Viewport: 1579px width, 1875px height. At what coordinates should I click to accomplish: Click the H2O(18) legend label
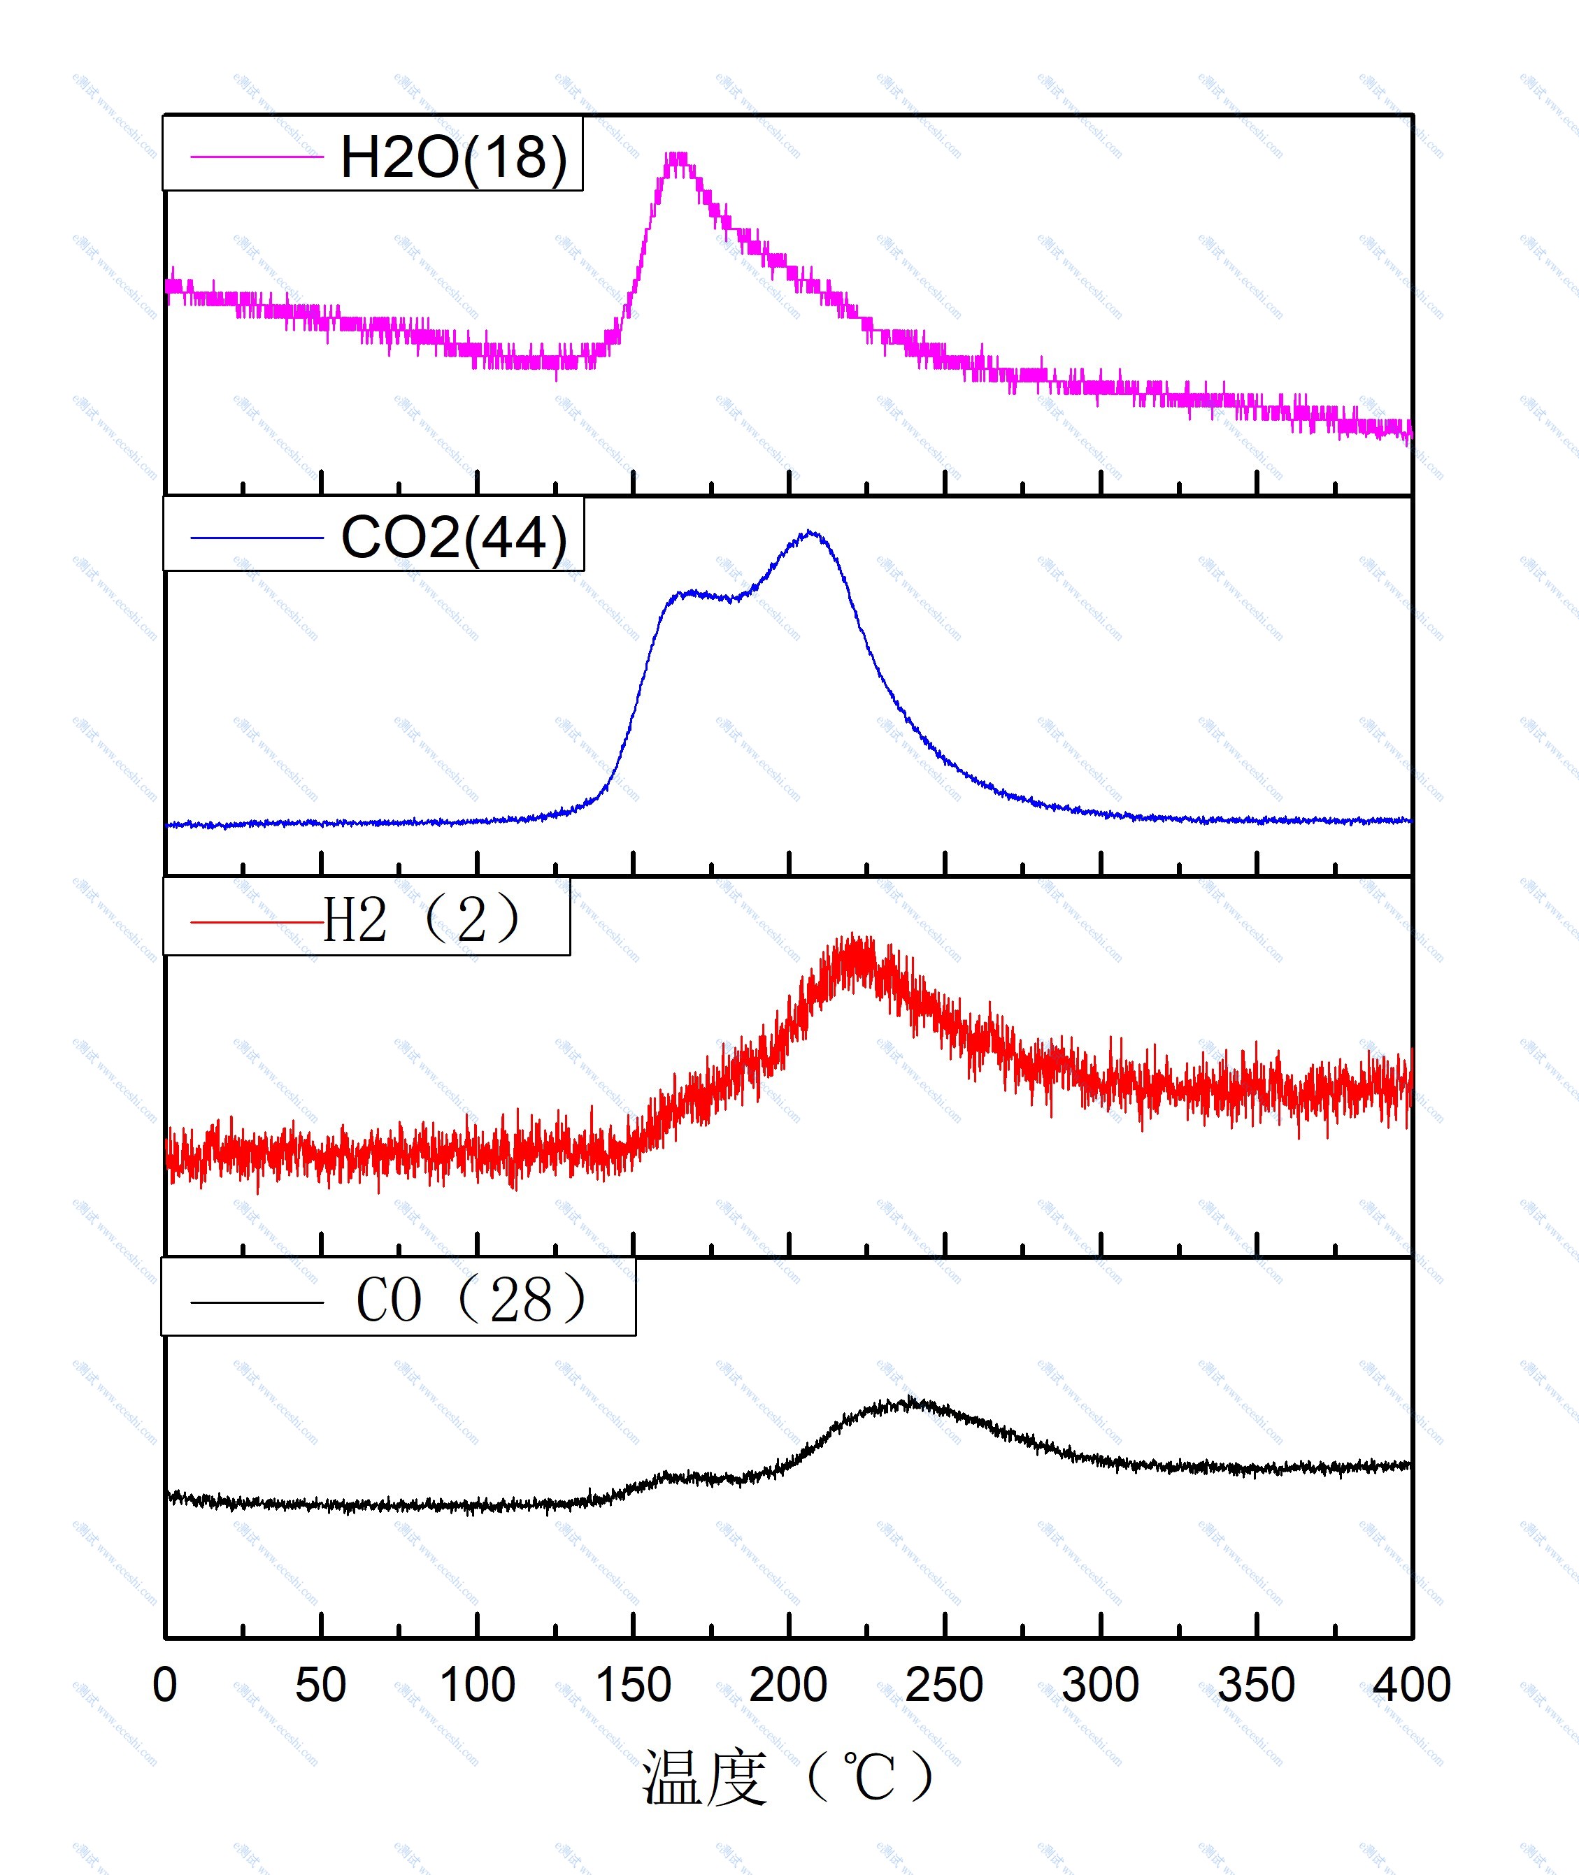(454, 157)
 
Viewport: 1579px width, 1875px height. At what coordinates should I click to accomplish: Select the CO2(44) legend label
(454, 538)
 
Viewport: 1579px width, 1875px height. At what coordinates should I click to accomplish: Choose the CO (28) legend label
(472, 1300)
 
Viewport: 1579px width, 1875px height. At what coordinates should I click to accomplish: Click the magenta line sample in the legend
(257, 157)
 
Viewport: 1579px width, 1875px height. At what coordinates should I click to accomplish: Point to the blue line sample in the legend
(257, 538)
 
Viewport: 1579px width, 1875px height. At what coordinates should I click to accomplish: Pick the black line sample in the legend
(257, 1303)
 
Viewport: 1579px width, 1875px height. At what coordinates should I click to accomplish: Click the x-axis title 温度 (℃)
(787, 1777)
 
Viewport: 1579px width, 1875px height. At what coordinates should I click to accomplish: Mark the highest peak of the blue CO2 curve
(811, 533)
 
